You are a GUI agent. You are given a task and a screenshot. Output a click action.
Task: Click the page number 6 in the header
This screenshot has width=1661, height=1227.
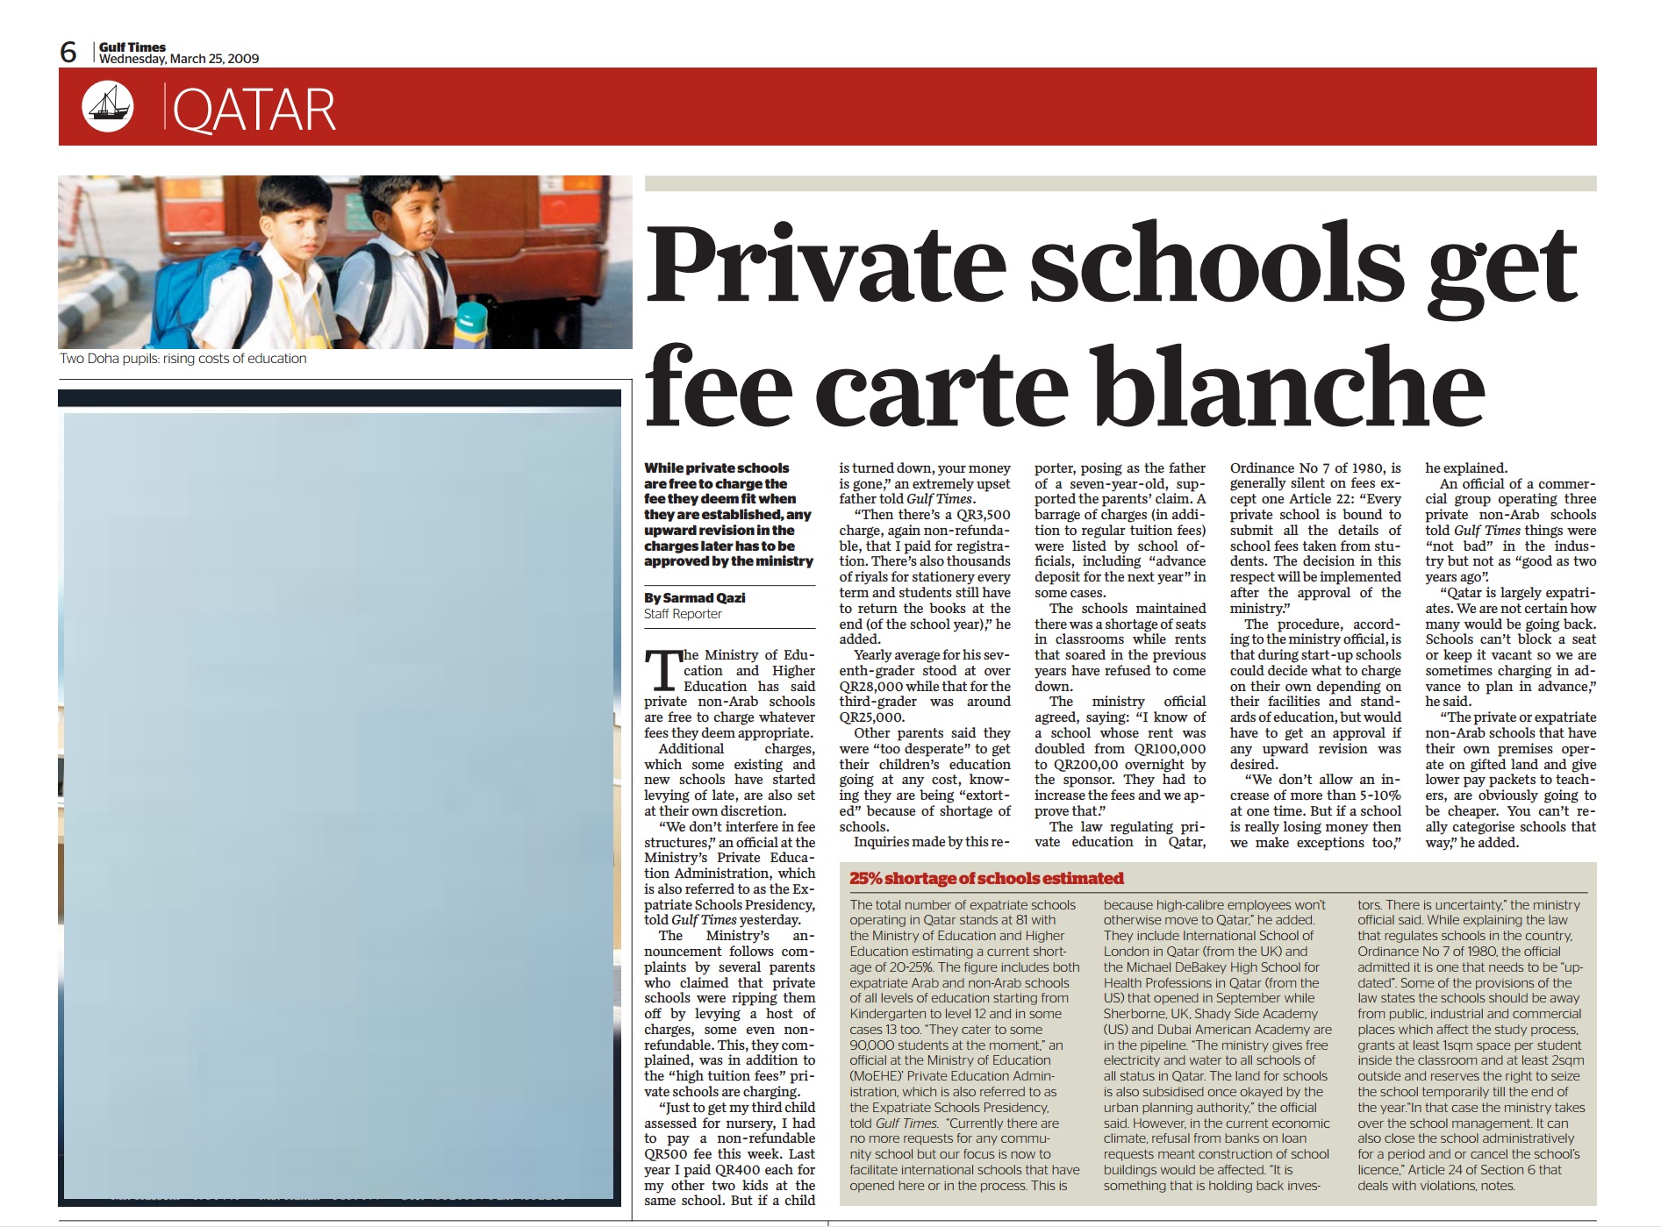click(x=68, y=52)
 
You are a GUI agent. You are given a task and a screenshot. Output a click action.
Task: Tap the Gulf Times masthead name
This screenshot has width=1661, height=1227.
click(x=132, y=47)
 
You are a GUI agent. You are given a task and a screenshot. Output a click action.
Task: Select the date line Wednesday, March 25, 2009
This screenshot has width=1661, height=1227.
click(x=179, y=59)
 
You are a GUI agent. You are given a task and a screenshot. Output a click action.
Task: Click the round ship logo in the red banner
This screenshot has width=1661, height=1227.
click(x=108, y=106)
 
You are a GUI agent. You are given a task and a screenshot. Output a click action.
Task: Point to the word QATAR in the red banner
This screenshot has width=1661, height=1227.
click(x=254, y=110)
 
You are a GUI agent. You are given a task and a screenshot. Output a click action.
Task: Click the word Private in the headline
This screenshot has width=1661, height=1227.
click(x=826, y=265)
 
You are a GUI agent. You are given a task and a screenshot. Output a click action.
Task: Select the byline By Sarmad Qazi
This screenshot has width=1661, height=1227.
click(x=695, y=597)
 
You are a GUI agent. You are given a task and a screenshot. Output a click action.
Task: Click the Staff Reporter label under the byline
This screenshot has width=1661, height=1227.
click(x=683, y=614)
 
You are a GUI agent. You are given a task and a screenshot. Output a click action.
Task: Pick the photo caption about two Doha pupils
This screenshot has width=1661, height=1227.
click(x=183, y=358)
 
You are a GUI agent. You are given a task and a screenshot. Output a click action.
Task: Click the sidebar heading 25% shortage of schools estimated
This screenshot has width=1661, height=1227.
click(x=986, y=878)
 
